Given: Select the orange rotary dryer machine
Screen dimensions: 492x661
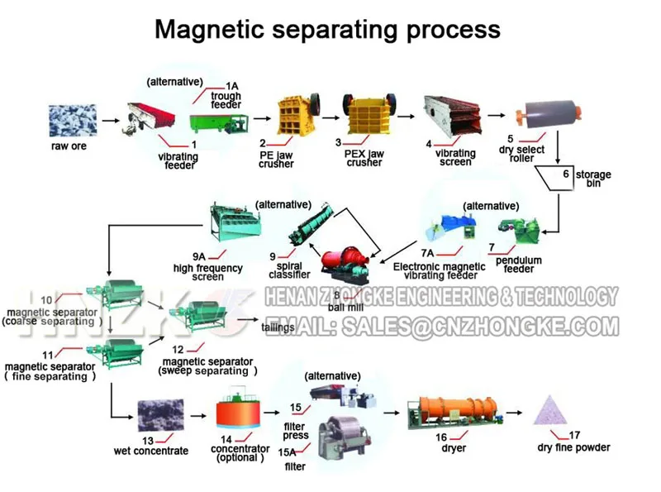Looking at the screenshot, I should point(449,411).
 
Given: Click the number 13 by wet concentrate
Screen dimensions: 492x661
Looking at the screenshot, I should point(148,440).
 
